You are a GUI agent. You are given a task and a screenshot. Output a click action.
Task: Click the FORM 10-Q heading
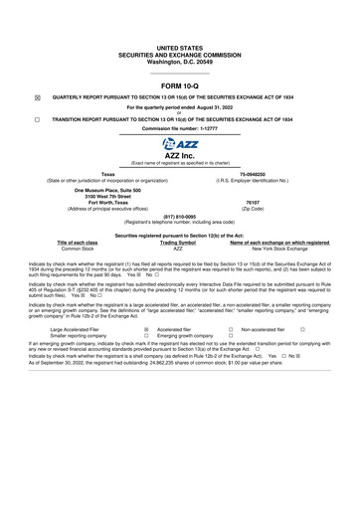179,85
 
